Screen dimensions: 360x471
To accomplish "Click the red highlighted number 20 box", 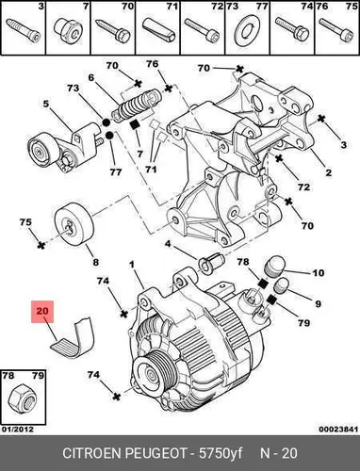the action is tap(42, 312).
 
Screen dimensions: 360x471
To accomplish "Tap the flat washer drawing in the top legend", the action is tap(247, 32).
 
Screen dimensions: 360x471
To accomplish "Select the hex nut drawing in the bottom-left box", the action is tap(23, 399).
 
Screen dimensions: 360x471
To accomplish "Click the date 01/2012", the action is tap(18, 429).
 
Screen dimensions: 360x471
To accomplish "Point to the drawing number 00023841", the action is tap(338, 429).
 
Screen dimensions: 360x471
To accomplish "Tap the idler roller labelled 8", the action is tap(74, 224).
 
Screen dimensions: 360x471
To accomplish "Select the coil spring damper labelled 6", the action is tap(138, 106).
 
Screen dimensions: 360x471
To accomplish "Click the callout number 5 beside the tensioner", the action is tap(46, 104).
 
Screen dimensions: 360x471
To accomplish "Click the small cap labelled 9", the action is tap(282, 285).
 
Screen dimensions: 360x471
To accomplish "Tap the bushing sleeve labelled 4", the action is tap(211, 263).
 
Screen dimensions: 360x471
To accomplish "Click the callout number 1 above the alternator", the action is tap(132, 265).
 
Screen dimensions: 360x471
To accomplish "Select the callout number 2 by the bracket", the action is tap(329, 172).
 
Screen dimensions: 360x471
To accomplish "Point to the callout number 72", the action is tap(303, 187).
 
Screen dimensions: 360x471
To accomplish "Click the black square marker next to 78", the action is tap(262, 284).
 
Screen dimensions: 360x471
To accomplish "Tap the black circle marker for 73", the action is tap(106, 122).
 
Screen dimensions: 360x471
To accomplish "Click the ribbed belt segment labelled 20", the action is tap(74, 338).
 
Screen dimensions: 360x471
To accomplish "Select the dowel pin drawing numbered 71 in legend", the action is tap(158, 30).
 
